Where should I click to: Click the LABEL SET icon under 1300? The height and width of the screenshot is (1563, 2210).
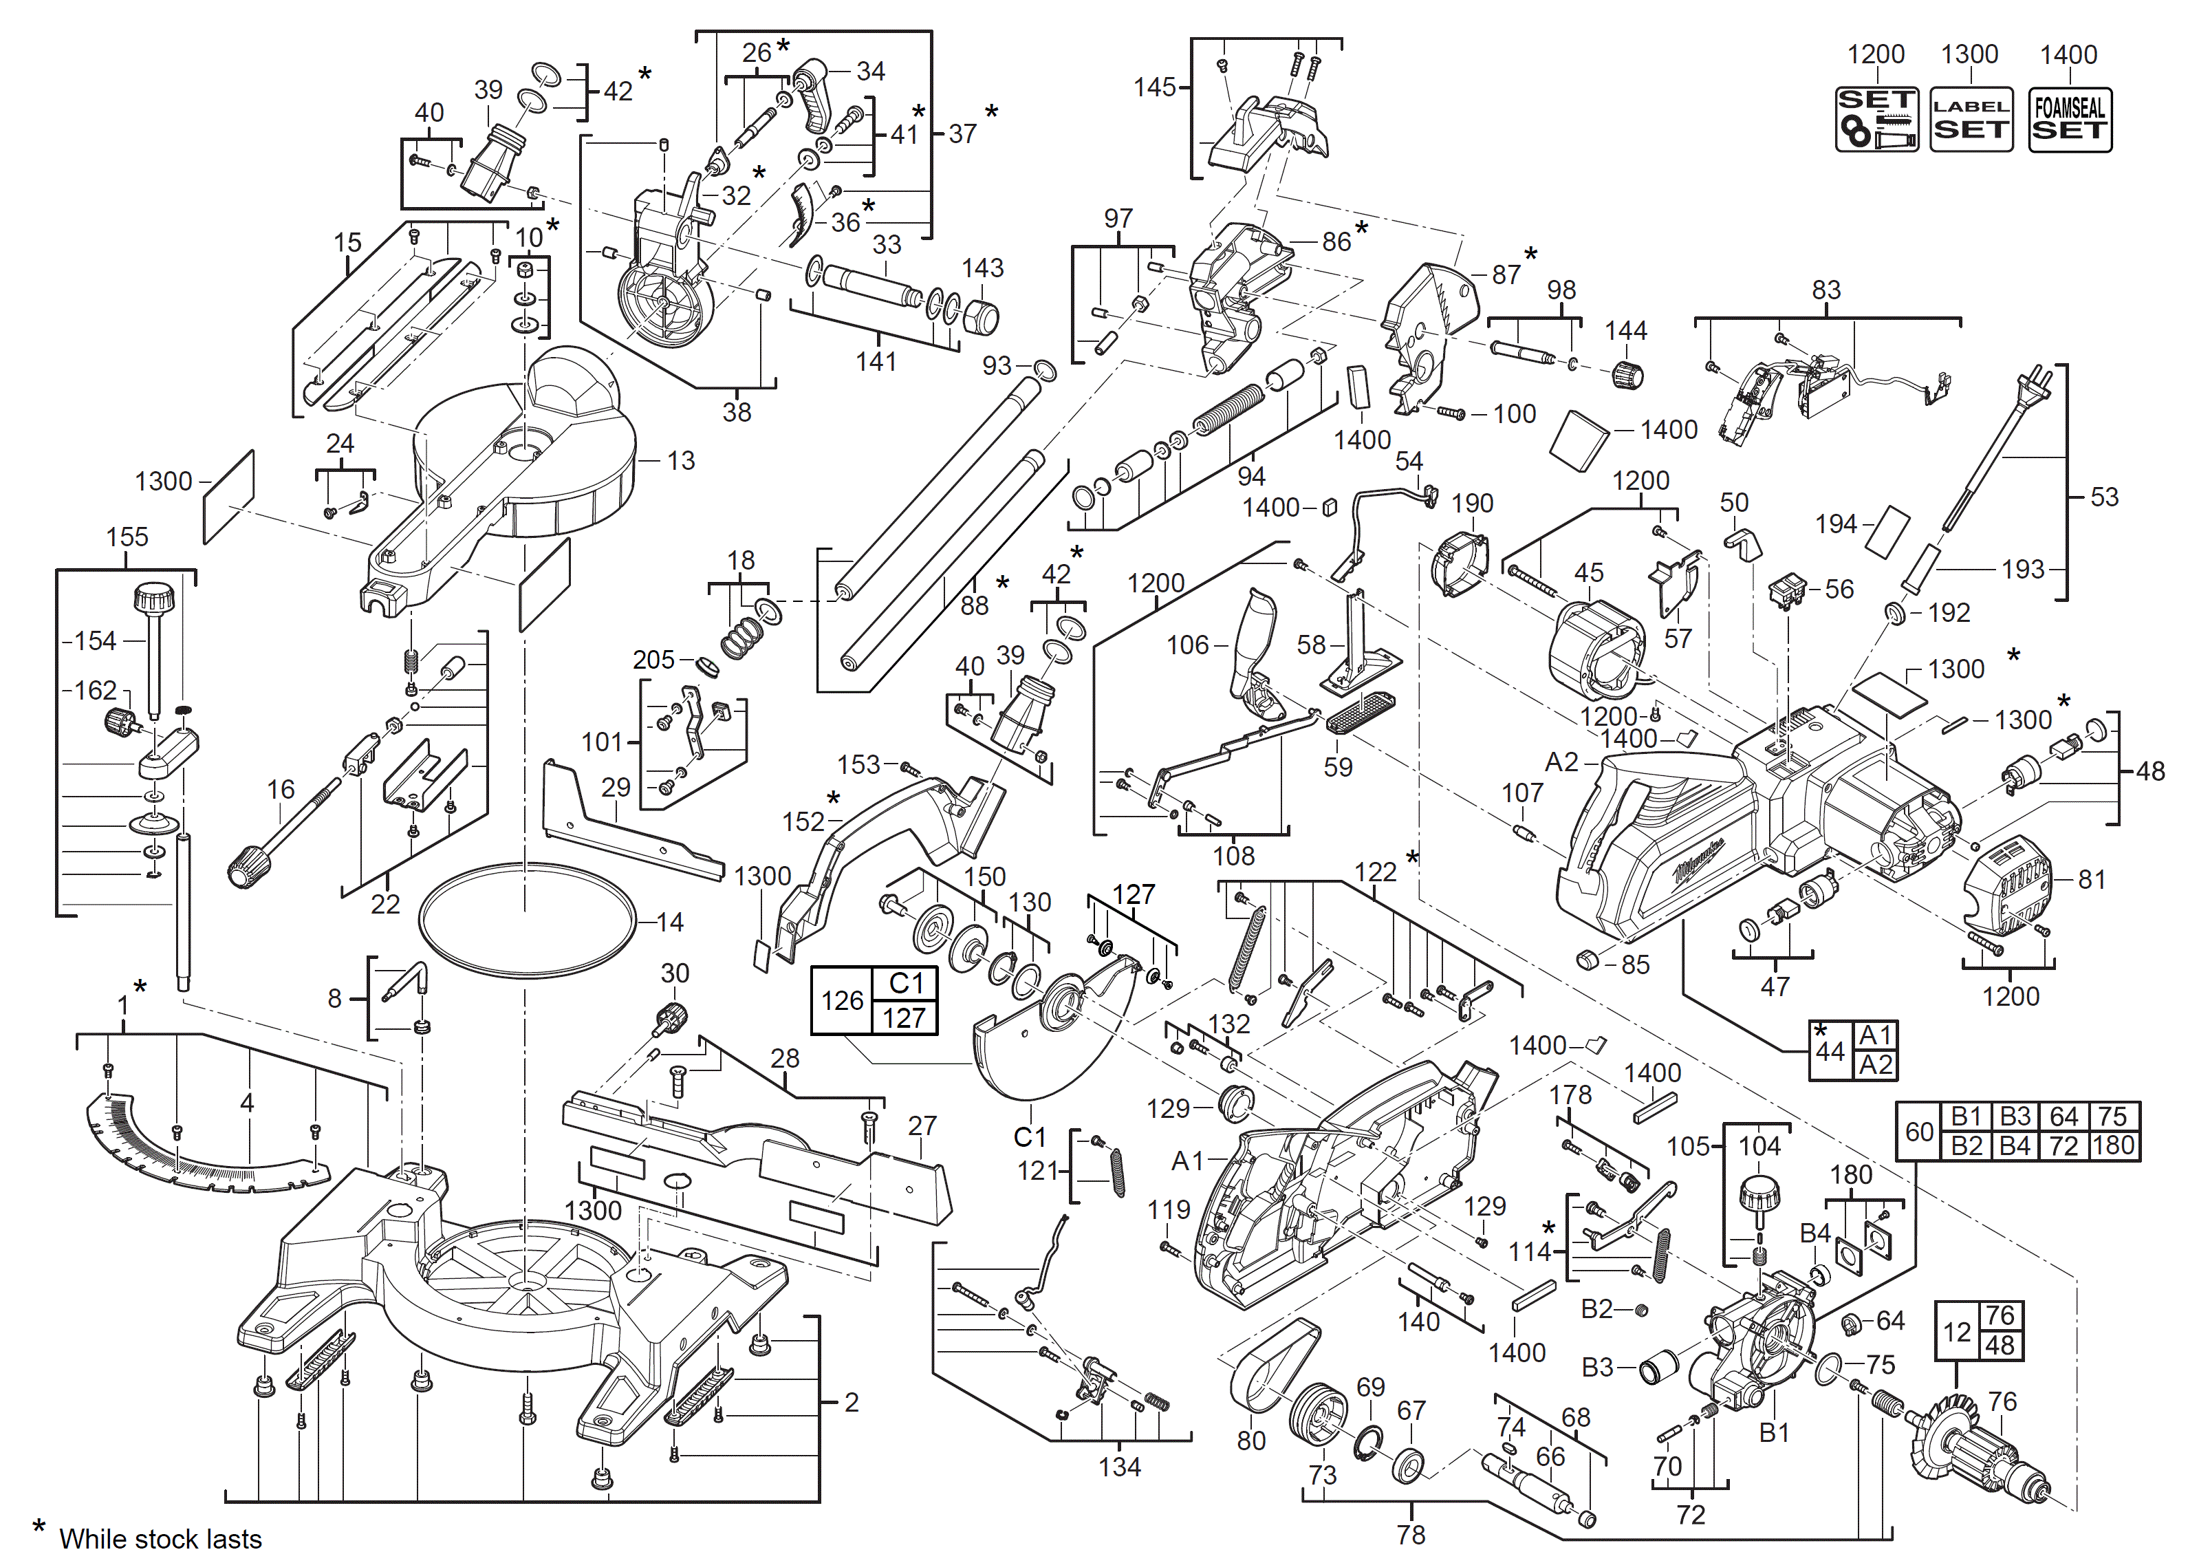point(1971,119)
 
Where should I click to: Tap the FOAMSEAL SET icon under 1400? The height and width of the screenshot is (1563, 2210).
point(2070,119)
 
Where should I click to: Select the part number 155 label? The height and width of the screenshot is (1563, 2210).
point(127,537)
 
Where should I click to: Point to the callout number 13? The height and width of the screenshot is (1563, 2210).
point(680,461)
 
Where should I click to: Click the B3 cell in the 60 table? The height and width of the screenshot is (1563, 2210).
point(2015,1117)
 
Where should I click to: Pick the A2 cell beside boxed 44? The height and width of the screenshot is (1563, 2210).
point(1875,1066)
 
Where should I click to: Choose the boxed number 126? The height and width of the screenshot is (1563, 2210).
point(841,1001)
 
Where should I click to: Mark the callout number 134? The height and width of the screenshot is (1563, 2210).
point(1119,1467)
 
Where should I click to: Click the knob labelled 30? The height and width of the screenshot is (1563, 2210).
point(670,1016)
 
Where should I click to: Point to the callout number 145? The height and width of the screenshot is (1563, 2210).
point(1154,87)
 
